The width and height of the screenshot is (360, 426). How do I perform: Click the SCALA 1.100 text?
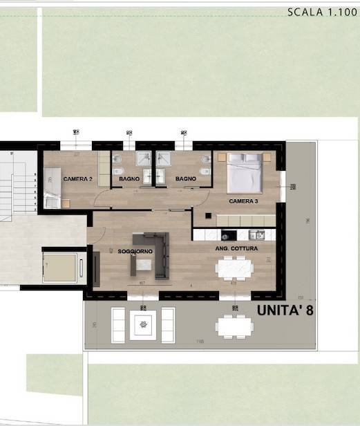322,12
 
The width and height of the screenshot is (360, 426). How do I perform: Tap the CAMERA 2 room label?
77,179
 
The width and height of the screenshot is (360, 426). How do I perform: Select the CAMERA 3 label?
244,201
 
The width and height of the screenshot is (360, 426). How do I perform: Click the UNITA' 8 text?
285,310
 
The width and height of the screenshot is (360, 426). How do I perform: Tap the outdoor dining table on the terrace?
234,324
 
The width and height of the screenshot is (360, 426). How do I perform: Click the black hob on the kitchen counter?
229,235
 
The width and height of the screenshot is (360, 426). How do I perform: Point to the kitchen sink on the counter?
256,235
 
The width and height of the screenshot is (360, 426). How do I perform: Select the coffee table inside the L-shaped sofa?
144,264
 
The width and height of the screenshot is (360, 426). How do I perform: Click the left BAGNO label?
129,179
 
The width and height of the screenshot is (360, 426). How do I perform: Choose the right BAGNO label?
185,179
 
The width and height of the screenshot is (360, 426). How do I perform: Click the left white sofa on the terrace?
117,325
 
